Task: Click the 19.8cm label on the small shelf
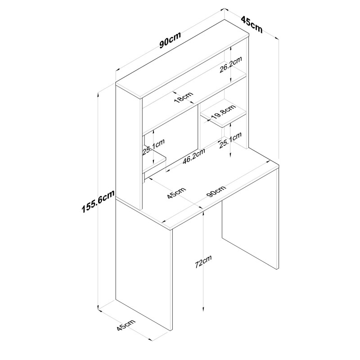click(x=223, y=112)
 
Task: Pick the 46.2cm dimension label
click(x=194, y=156)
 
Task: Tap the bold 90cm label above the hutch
click(x=170, y=41)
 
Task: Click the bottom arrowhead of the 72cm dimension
click(x=203, y=310)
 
